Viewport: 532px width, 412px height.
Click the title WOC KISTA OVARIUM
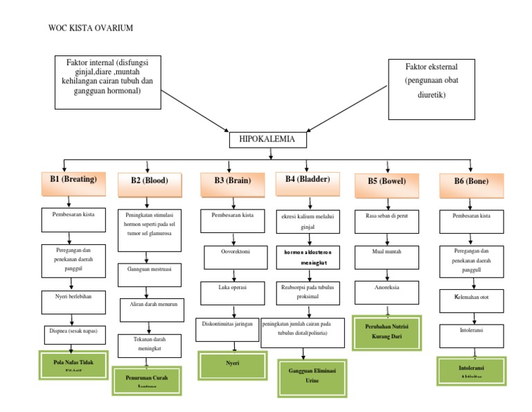[90, 28]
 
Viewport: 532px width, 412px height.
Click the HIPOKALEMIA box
[267, 139]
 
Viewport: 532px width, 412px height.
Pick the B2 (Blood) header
[149, 182]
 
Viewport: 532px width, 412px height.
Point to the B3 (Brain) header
[232, 182]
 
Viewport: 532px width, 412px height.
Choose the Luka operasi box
[232, 288]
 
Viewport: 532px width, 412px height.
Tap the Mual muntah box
[387, 252]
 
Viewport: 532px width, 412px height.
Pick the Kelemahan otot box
[471, 299]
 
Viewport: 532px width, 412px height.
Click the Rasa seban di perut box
[387, 218]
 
